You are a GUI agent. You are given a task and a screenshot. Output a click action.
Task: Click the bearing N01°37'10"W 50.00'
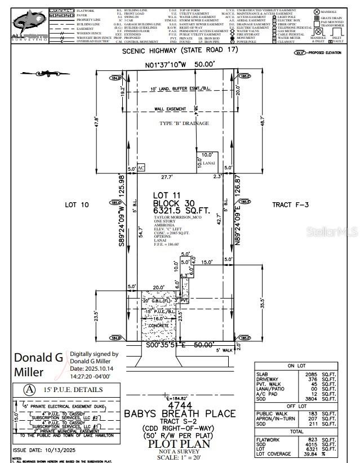coord(179,65)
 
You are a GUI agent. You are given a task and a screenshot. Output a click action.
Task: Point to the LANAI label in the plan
coord(208,163)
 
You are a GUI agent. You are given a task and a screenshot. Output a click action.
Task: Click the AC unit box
coord(141,168)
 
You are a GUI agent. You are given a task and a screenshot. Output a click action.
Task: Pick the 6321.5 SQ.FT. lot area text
coord(181,211)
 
